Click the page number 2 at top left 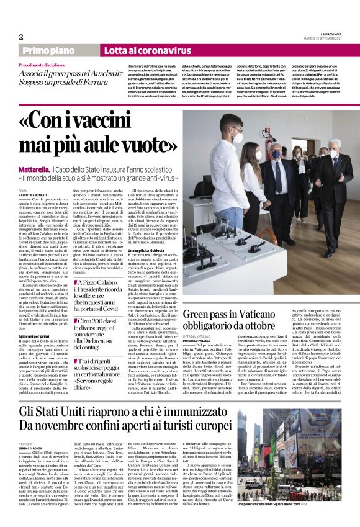point(20,37)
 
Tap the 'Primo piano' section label point(48,51)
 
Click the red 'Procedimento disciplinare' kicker point(43,65)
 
